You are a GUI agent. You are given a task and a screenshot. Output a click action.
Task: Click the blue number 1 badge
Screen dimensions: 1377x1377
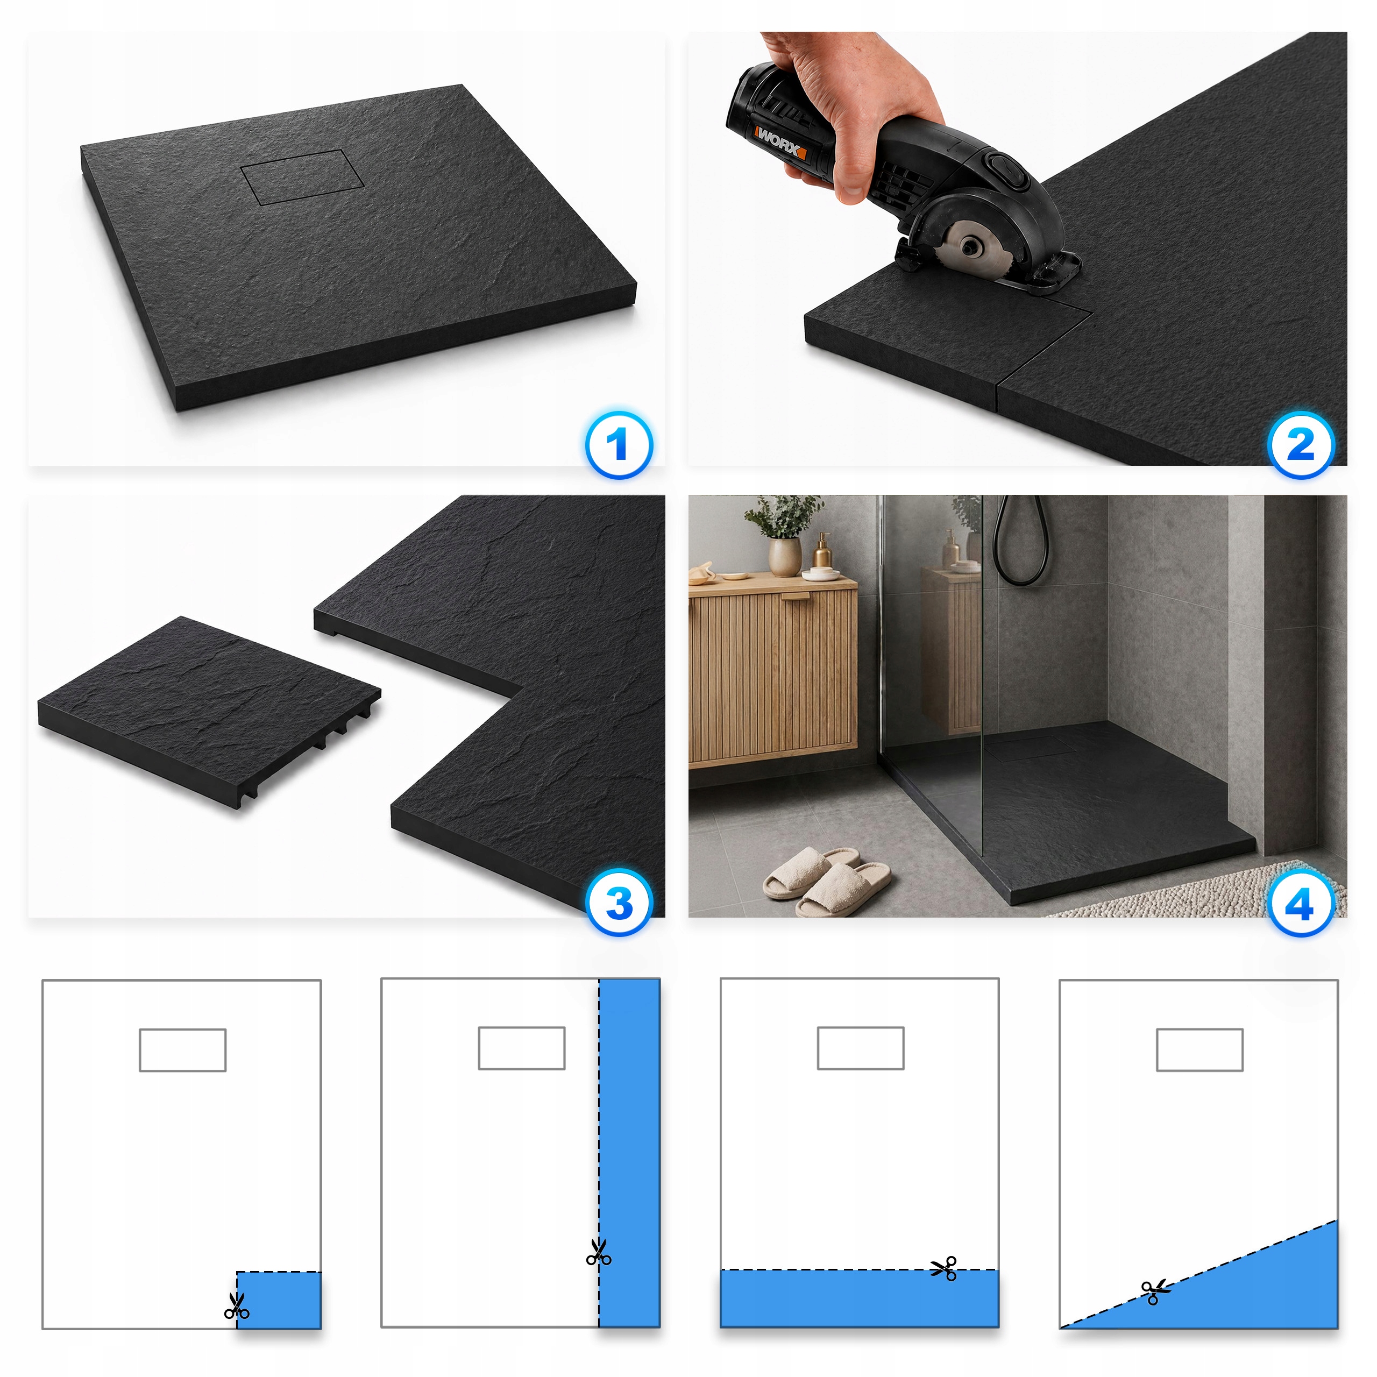pyautogui.click(x=619, y=445)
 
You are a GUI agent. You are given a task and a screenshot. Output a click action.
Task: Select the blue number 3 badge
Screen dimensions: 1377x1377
pyautogui.click(x=619, y=903)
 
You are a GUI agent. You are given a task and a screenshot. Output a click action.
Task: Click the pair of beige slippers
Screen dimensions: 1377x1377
pyautogui.click(x=827, y=881)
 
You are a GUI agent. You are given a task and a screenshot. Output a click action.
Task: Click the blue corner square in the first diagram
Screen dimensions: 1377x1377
pyautogui.click(x=279, y=1300)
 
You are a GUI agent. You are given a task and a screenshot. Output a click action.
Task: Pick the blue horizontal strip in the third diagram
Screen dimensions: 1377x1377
pyautogui.click(x=860, y=1298)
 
